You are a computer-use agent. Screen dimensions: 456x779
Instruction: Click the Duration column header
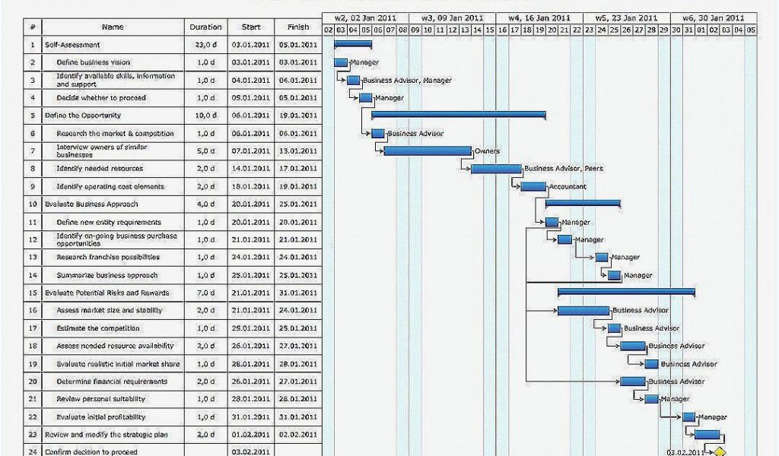click(x=205, y=27)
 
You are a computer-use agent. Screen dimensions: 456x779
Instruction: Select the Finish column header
click(x=297, y=27)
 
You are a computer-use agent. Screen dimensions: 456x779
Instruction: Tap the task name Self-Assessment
click(x=72, y=45)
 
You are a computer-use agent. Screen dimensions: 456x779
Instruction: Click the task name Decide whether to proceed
click(x=101, y=98)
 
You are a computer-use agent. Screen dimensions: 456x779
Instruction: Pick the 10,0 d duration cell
click(x=205, y=116)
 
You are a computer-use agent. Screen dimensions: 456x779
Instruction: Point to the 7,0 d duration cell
click(x=205, y=293)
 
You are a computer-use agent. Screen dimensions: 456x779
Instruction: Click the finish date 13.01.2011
click(x=297, y=151)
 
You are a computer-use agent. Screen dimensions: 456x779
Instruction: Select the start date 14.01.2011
click(x=251, y=169)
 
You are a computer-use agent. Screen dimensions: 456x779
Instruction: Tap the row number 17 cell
click(x=33, y=328)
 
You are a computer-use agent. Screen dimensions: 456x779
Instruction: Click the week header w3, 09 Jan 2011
click(x=452, y=17)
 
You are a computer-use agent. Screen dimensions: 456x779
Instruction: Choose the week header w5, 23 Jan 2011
click(x=626, y=17)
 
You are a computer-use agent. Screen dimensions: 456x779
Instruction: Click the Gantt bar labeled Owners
click(x=428, y=150)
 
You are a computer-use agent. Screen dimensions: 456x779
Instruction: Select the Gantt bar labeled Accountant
click(x=533, y=186)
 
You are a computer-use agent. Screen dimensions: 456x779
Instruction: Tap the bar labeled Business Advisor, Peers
click(x=496, y=169)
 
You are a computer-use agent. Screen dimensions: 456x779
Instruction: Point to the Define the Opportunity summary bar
click(x=458, y=115)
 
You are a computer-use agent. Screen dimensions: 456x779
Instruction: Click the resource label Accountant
click(x=568, y=186)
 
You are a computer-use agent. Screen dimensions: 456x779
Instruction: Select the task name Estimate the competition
click(x=98, y=328)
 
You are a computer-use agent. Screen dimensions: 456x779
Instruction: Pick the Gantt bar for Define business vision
click(x=341, y=62)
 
